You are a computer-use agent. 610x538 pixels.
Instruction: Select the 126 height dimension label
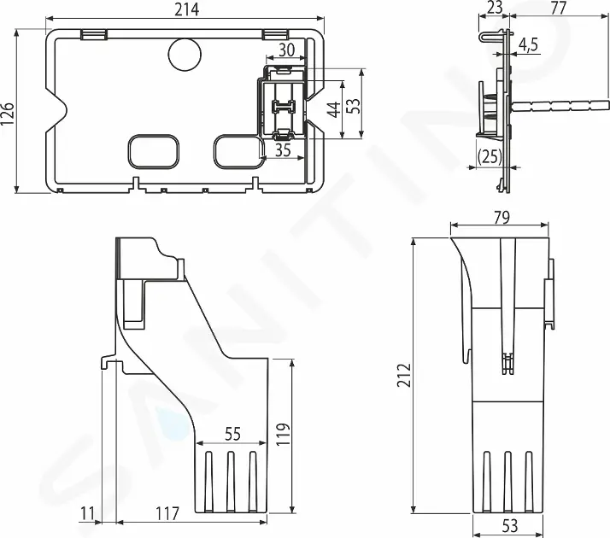pyautogui.click(x=9, y=111)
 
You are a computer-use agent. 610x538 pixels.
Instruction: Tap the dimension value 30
pyautogui.click(x=286, y=50)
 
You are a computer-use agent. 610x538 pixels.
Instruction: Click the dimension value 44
pyautogui.click(x=334, y=109)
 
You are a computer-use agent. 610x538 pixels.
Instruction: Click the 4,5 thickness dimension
pyautogui.click(x=528, y=45)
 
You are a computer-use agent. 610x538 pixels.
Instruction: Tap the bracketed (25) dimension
pyautogui.click(x=490, y=156)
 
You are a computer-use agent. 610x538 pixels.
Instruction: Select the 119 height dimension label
pyautogui.click(x=283, y=435)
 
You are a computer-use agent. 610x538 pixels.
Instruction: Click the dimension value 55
pyautogui.click(x=232, y=434)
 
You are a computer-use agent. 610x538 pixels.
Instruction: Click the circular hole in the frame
pyautogui.click(x=183, y=54)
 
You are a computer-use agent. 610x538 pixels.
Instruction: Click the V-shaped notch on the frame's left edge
pyautogui.click(x=60, y=110)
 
